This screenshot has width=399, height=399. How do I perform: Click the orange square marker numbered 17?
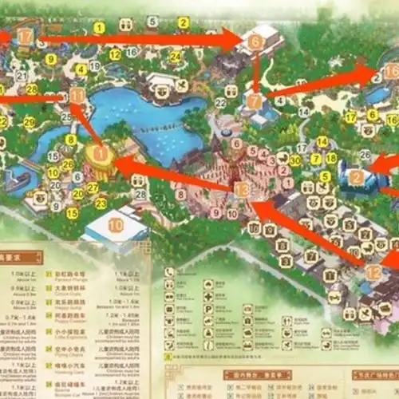[26, 36]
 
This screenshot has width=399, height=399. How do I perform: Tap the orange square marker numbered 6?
[255, 41]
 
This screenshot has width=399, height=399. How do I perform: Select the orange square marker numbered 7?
[254, 101]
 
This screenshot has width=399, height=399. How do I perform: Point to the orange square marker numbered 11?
[77, 95]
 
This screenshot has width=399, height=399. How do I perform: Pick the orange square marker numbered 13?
[241, 189]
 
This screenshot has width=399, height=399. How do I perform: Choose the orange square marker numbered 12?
[374, 272]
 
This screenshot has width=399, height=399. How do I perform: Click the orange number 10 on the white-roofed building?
[116, 226]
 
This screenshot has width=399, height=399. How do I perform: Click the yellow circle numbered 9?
[51, 59]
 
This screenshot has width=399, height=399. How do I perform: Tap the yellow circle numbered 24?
[175, 57]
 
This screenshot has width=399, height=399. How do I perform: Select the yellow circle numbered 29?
[30, 122]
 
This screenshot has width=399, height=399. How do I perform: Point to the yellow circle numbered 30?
[295, 160]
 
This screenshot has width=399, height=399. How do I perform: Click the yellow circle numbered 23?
[101, 203]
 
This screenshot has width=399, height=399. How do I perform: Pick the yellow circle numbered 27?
[93, 188]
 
